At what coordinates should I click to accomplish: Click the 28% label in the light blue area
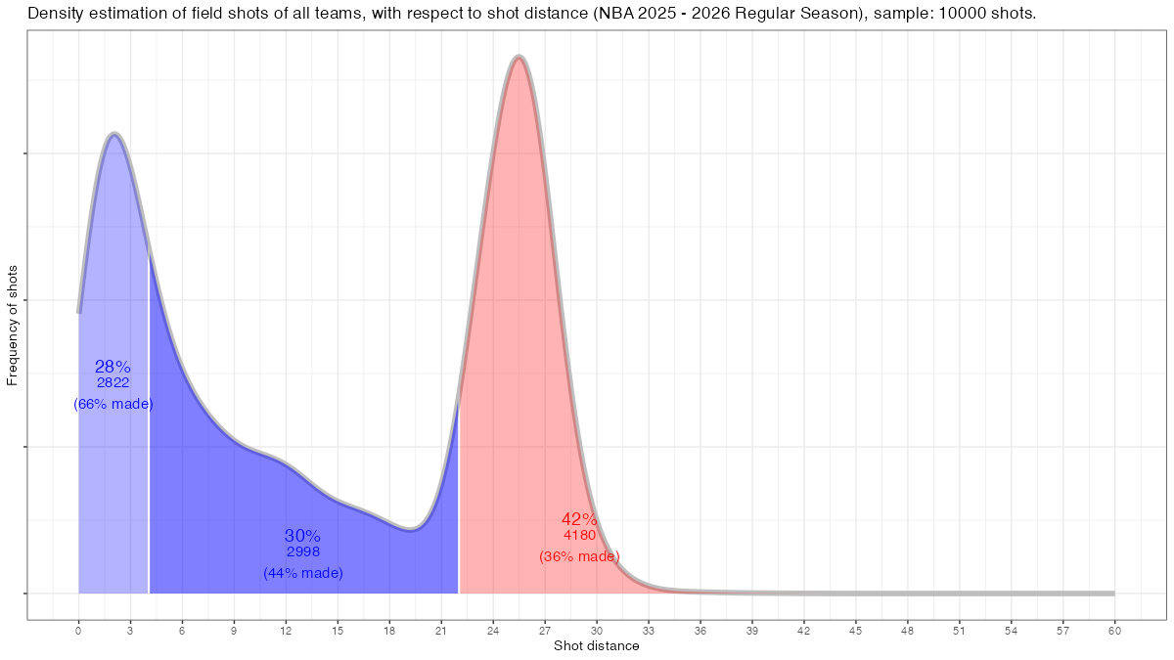pos(113,367)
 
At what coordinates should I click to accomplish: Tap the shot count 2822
pos(113,383)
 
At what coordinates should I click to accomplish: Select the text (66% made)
pos(113,404)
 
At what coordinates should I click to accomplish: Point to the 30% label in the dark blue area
pos(302,536)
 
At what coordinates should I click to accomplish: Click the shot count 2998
pos(303,552)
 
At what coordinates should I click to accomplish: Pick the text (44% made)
pos(303,573)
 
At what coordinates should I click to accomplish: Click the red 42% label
pos(579,519)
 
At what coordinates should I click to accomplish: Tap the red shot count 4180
pos(579,536)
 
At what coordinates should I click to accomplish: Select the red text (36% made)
pos(579,556)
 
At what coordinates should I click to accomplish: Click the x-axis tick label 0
pos(78,631)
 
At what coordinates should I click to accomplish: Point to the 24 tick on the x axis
pos(493,631)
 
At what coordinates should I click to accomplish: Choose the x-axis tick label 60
pos(1114,631)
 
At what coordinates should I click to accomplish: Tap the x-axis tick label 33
pos(649,631)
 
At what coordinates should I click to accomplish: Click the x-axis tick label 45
pos(856,631)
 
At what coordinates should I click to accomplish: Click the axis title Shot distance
pos(597,646)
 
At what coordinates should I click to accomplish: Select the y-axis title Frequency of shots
pos(13,325)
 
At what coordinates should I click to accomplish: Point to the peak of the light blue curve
pos(114,133)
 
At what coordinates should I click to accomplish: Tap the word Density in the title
pos(55,14)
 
